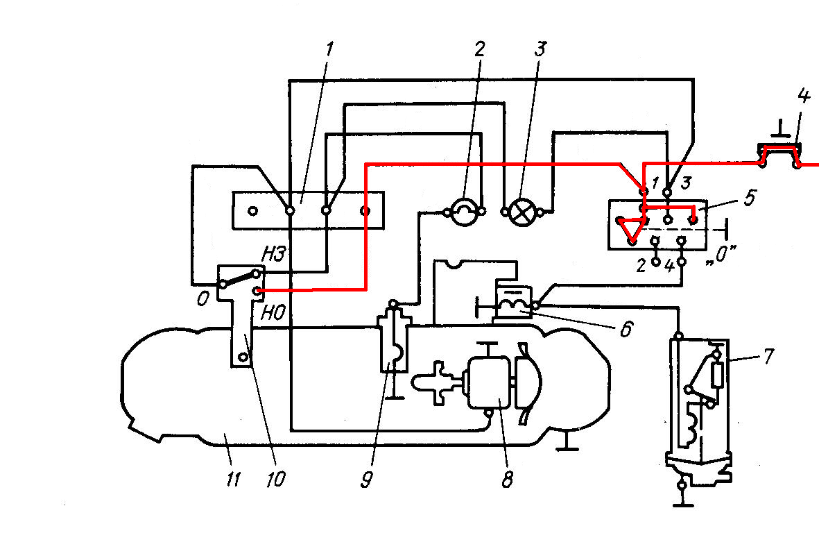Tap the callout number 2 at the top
(x=479, y=49)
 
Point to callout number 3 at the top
(x=540, y=49)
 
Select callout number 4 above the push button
(x=803, y=96)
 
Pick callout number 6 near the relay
(x=626, y=328)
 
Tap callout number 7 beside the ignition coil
(x=768, y=356)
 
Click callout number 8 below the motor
(x=507, y=479)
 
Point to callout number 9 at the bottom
(x=367, y=479)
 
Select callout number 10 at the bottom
(x=276, y=479)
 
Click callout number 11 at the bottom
(x=233, y=479)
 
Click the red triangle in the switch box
(x=630, y=229)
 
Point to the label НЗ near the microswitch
(x=273, y=254)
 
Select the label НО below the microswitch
(x=273, y=313)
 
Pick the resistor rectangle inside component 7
(x=717, y=375)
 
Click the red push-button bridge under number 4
(x=779, y=156)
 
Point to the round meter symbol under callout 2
(x=465, y=211)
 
